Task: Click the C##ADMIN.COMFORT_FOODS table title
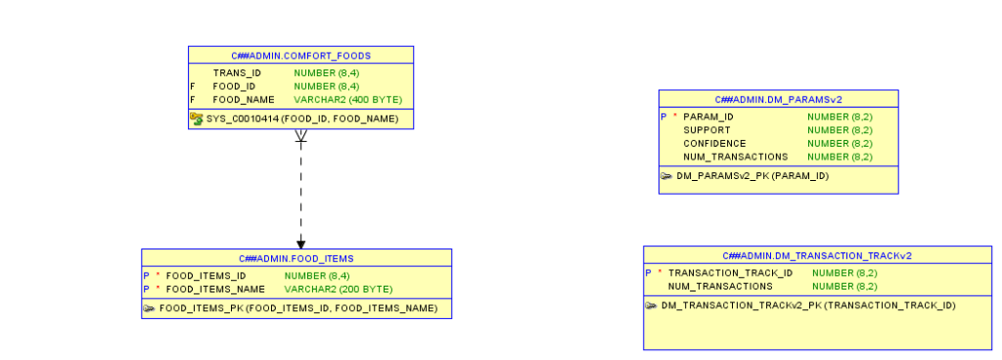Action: point(300,55)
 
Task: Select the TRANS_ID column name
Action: point(237,72)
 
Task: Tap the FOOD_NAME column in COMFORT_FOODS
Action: point(244,100)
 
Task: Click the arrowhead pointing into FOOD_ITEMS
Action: point(300,244)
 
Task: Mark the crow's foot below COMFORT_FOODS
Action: point(300,137)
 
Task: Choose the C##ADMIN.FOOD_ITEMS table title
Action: point(296,258)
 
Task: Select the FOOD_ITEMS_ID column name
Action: point(205,276)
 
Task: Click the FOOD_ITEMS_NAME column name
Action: point(215,290)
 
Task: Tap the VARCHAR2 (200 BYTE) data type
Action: point(338,290)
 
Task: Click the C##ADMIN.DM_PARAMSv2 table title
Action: point(778,99)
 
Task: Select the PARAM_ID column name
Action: point(708,116)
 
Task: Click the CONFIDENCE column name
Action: point(714,144)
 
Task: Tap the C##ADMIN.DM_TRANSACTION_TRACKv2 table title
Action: point(817,255)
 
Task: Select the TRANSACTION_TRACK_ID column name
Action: point(730,273)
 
